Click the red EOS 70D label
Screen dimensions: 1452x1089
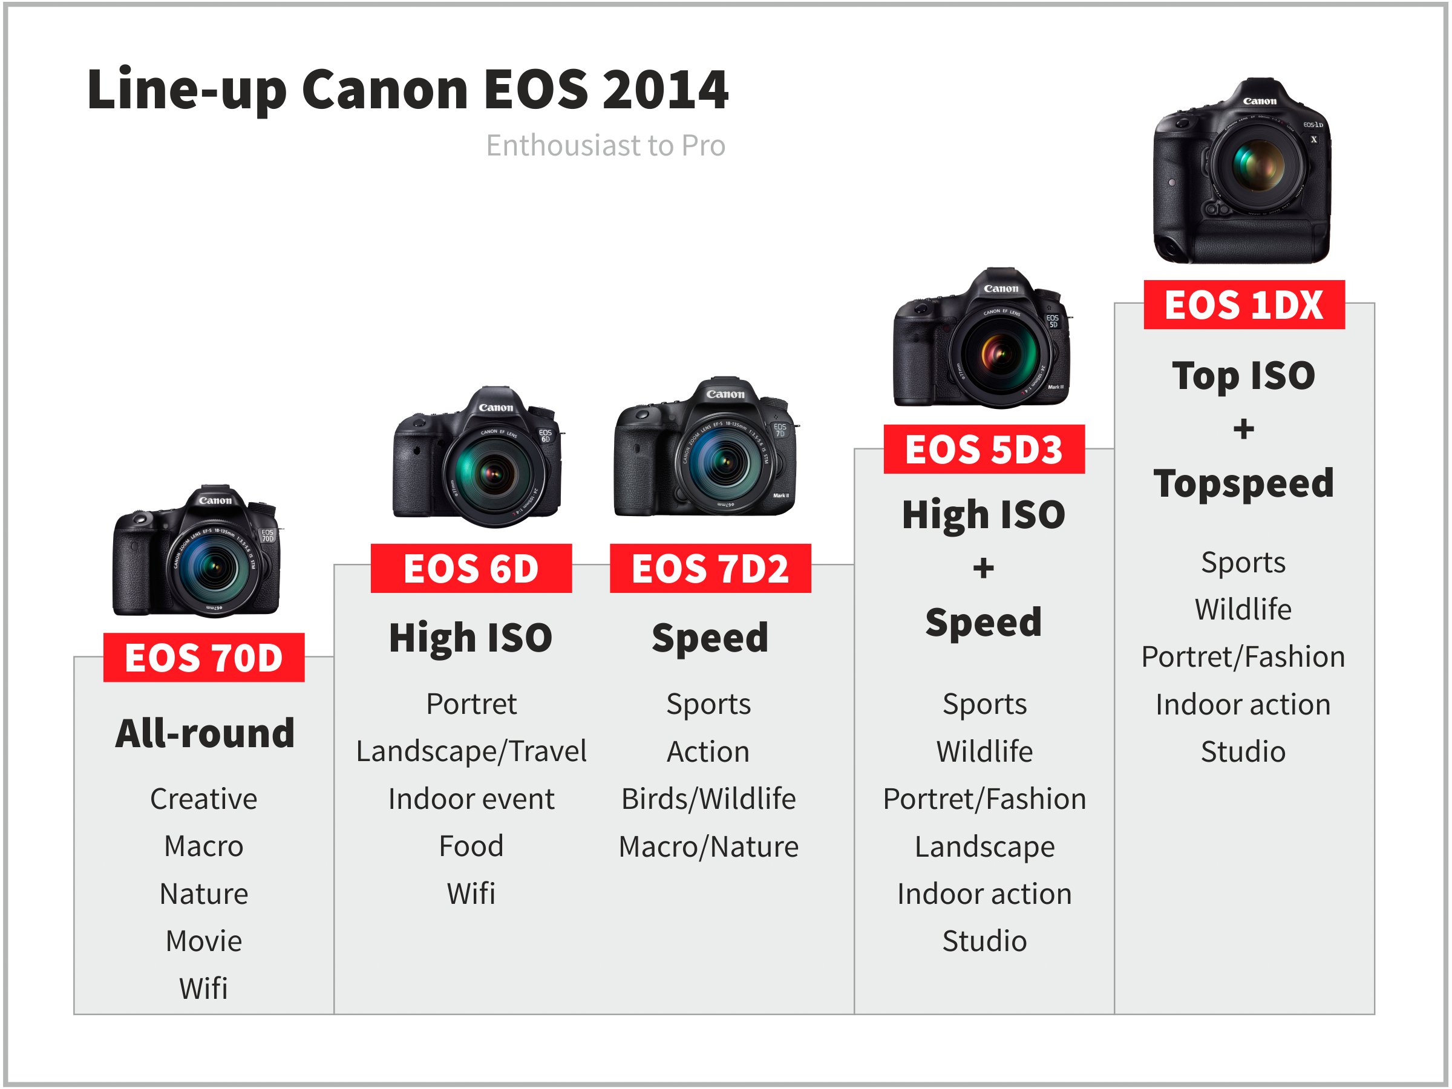click(203, 657)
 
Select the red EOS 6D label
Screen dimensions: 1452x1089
click(471, 568)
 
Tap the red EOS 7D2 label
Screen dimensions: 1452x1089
click(710, 568)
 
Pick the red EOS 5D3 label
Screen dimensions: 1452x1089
click(984, 449)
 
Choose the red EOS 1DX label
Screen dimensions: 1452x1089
click(1244, 304)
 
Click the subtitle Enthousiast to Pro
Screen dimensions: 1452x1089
click(605, 146)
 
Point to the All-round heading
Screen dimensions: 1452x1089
click(205, 733)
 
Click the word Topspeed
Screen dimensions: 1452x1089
click(1244, 485)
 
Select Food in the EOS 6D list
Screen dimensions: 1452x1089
click(471, 846)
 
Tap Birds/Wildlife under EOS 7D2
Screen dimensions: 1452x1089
click(709, 799)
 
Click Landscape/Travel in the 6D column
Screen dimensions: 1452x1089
click(471, 751)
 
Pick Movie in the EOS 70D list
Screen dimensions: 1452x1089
click(203, 941)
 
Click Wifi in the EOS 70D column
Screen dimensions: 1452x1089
click(203, 989)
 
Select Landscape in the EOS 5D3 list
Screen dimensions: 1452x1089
click(984, 847)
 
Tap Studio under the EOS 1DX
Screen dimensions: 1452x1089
click(1243, 751)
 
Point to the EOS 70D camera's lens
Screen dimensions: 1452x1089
click(214, 567)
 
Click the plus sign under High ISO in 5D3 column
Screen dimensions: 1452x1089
click(983, 569)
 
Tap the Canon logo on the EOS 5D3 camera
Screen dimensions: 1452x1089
click(1001, 289)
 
